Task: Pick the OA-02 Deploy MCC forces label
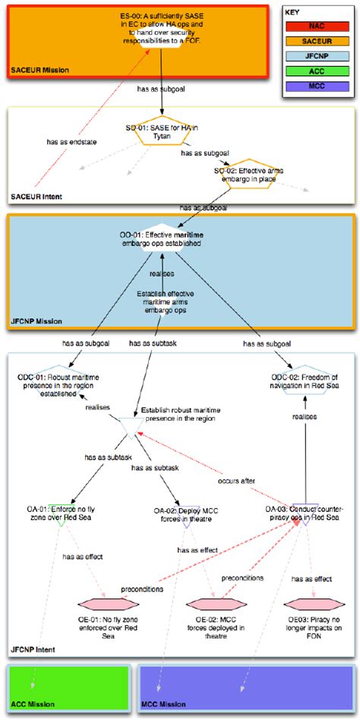176,514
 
